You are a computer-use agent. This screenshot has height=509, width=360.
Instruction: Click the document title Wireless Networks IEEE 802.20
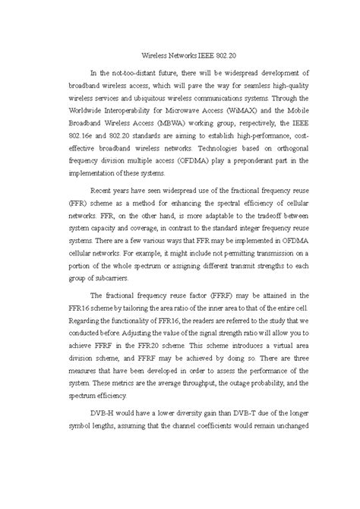tap(179, 55)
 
